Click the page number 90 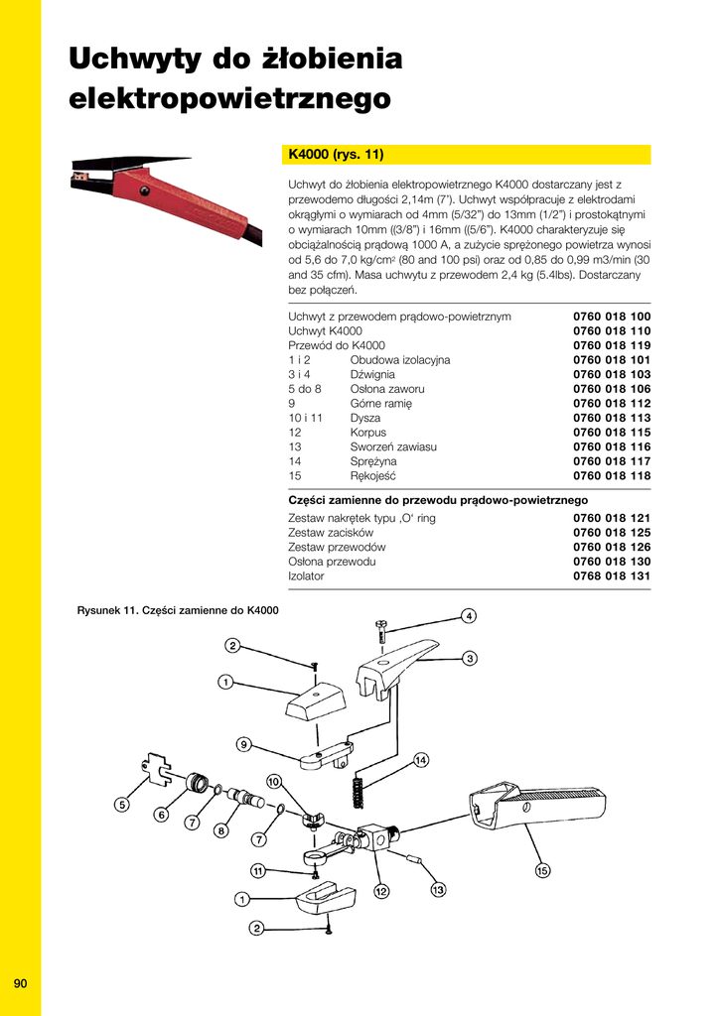point(20,983)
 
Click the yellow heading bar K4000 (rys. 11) point(468,155)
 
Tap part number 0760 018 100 point(612,317)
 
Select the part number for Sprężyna point(612,461)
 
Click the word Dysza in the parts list point(365,418)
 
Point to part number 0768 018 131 point(612,575)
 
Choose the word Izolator point(306,575)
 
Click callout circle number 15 point(542,871)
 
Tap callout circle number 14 point(420,760)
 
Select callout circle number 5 point(121,805)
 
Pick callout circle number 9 point(243,743)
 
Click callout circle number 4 point(468,615)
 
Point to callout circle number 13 point(438,890)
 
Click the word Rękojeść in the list point(372,476)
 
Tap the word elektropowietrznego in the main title point(228,99)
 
